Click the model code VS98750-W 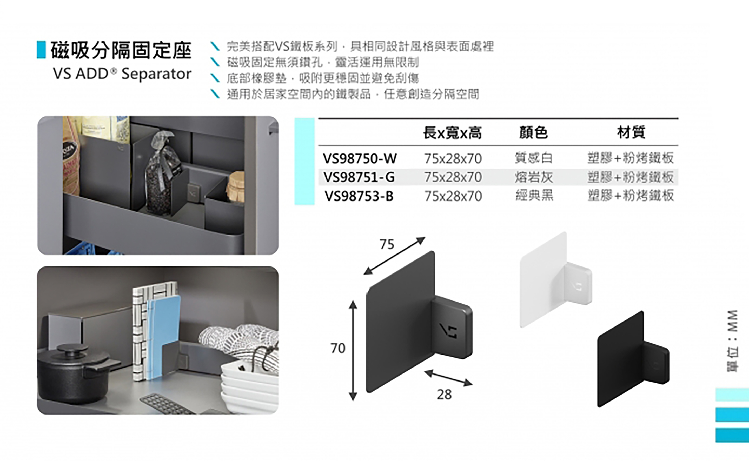[x=360, y=158]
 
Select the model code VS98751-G [x=359, y=177]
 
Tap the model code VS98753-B [x=359, y=196]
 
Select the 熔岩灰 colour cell [x=533, y=177]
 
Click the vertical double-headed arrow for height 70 [x=353, y=351]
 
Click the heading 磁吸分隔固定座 [x=121, y=50]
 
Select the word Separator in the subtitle [x=156, y=74]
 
